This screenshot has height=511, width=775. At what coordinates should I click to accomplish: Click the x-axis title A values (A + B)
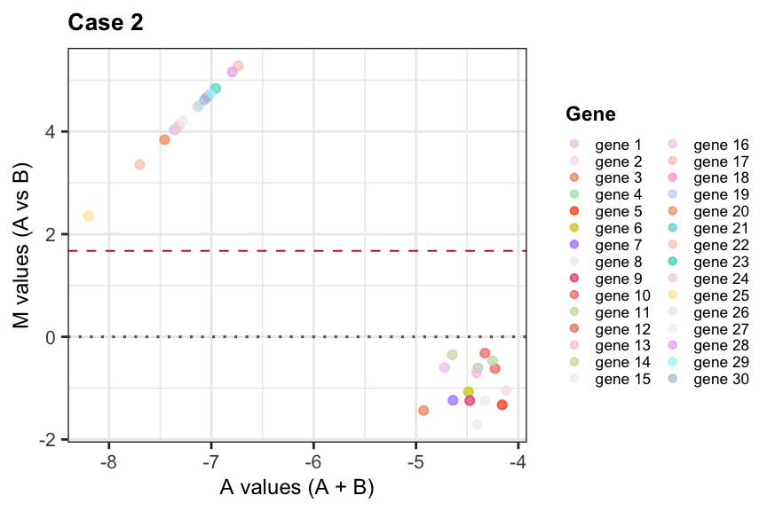pyautogui.click(x=297, y=487)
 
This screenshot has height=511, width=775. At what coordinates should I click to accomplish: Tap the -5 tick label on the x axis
pyautogui.click(x=415, y=461)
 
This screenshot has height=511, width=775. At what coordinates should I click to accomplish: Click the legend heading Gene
pyautogui.click(x=590, y=114)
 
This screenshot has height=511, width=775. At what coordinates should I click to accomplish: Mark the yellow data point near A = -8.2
pyautogui.click(x=89, y=216)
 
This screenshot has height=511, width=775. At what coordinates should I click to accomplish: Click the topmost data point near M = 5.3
pyautogui.click(x=238, y=66)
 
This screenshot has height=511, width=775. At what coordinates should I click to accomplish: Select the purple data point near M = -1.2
pyautogui.click(x=453, y=400)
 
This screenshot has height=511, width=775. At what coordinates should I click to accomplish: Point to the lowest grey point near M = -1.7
pyautogui.click(x=478, y=425)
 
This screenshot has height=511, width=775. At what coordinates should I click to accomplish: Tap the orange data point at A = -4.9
pyautogui.click(x=423, y=410)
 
